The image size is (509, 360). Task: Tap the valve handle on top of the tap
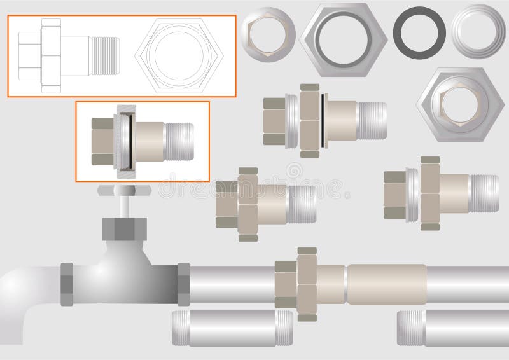coord(123,190)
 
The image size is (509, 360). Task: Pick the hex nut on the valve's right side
coord(183,284)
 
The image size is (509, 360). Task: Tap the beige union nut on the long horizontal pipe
coord(307,284)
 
